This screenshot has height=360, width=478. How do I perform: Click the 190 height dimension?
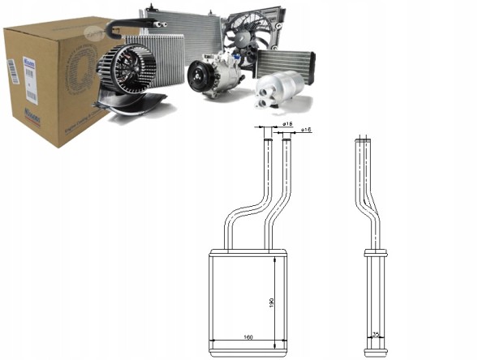[271, 302]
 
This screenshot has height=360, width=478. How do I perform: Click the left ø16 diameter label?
[287, 123]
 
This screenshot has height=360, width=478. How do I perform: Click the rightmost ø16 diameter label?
[307, 129]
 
